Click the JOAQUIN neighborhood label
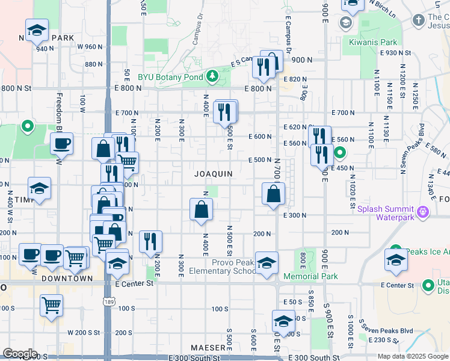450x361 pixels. pos(214,174)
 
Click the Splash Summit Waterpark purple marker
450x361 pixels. pos(423,211)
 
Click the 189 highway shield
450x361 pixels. pos(109,300)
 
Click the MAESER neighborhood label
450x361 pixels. pos(208,348)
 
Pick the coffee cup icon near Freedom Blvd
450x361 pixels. pos(61,144)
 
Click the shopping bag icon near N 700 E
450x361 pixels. pos(274,194)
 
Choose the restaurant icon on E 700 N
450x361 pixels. pos(225,111)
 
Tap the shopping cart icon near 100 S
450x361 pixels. pos(52,306)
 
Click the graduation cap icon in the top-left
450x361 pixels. pos(37,30)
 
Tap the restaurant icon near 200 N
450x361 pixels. pos(150,241)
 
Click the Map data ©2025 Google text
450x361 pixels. pos(413,356)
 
